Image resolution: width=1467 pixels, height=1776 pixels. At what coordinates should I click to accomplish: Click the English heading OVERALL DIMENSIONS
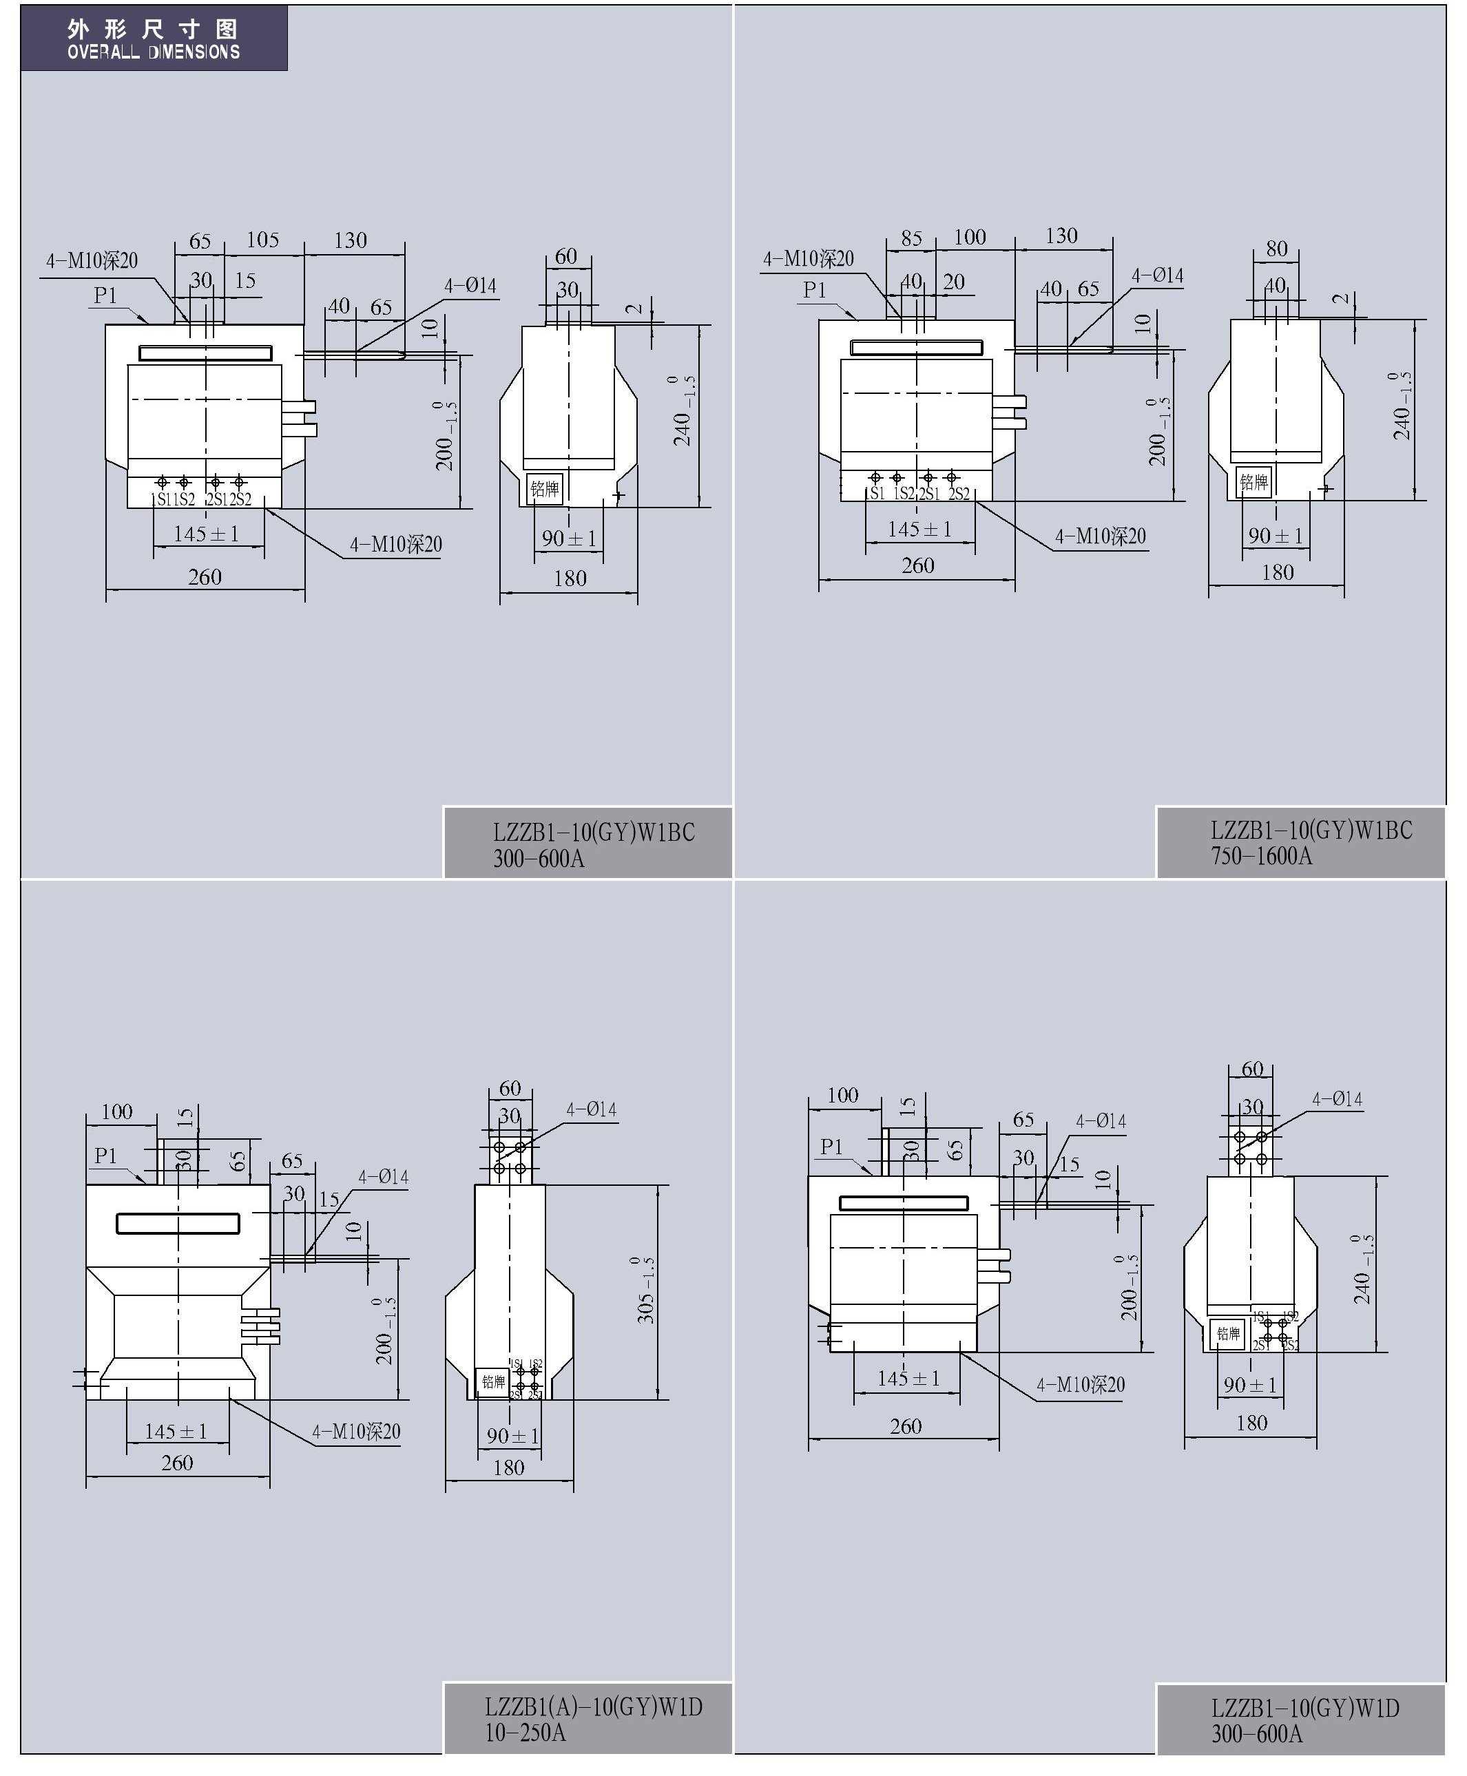pyautogui.click(x=154, y=52)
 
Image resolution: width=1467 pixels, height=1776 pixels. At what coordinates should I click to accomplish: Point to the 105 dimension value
pyautogui.click(x=263, y=240)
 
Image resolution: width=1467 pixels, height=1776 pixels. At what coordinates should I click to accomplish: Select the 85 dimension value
pyautogui.click(x=911, y=238)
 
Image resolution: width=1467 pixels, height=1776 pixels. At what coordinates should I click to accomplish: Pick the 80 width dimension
pyautogui.click(x=1277, y=249)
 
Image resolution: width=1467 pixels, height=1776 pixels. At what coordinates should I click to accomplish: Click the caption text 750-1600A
pyautogui.click(x=1262, y=856)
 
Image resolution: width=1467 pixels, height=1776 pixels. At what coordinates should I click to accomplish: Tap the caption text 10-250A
pyautogui.click(x=525, y=1733)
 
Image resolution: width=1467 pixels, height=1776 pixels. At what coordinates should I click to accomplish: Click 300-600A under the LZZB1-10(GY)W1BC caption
pyautogui.click(x=539, y=859)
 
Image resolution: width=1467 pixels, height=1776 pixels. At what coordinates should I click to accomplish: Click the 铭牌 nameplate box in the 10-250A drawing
pyautogui.click(x=492, y=1382)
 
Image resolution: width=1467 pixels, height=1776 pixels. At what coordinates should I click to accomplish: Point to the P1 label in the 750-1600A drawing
pyautogui.click(x=815, y=290)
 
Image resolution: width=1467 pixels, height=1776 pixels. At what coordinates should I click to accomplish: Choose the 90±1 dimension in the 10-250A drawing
pyautogui.click(x=512, y=1436)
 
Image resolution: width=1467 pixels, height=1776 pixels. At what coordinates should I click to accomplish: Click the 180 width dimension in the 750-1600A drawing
pyautogui.click(x=1277, y=572)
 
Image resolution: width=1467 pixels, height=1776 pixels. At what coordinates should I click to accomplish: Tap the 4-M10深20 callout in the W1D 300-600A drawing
pyautogui.click(x=1081, y=1385)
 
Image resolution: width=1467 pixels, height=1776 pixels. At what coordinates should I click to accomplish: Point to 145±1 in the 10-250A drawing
pyautogui.click(x=176, y=1431)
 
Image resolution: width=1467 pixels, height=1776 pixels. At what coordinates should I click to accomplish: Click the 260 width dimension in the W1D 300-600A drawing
pyautogui.click(x=905, y=1426)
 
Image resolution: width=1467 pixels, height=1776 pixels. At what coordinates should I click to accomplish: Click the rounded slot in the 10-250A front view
pyautogui.click(x=178, y=1222)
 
